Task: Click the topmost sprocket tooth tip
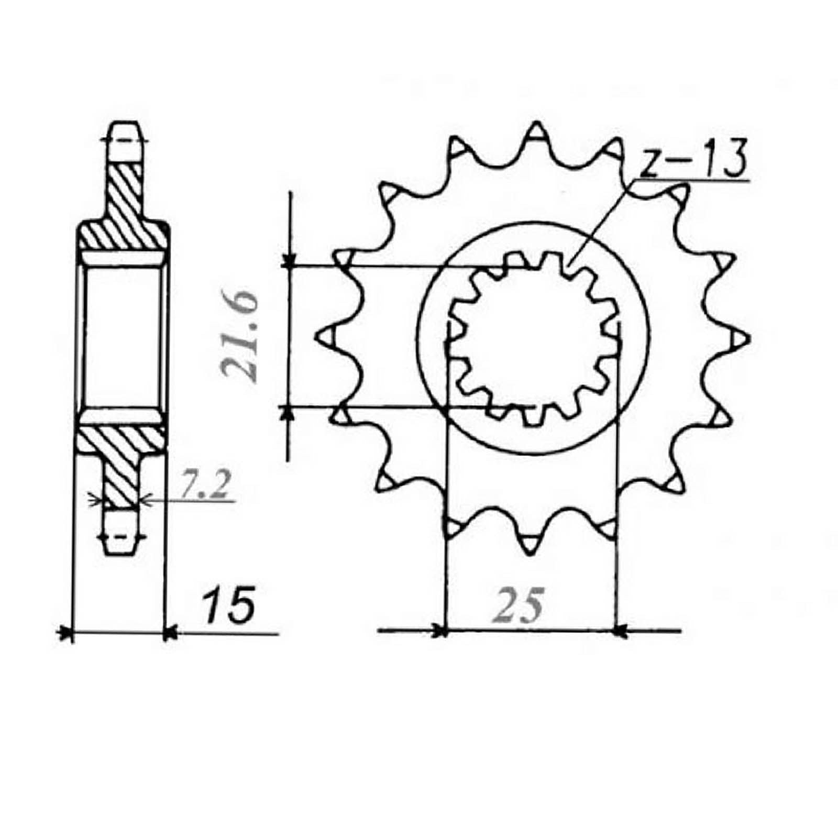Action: (x=536, y=127)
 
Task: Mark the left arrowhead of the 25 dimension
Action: (x=440, y=631)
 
